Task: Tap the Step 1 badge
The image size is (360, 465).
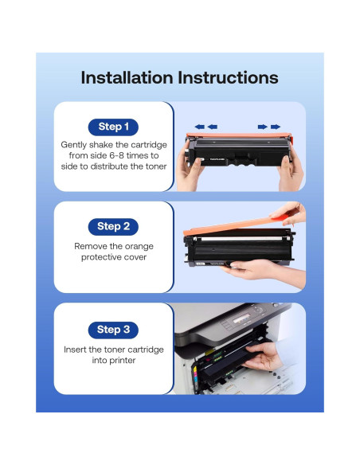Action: (x=113, y=127)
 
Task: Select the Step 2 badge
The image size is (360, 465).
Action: (x=113, y=226)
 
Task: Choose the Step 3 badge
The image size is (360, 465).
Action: (x=113, y=329)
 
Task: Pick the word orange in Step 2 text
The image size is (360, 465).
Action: (x=136, y=245)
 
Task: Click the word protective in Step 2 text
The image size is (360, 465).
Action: (x=102, y=256)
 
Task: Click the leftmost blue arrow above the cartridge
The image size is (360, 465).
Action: (x=199, y=126)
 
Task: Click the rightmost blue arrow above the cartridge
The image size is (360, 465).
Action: (x=275, y=126)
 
